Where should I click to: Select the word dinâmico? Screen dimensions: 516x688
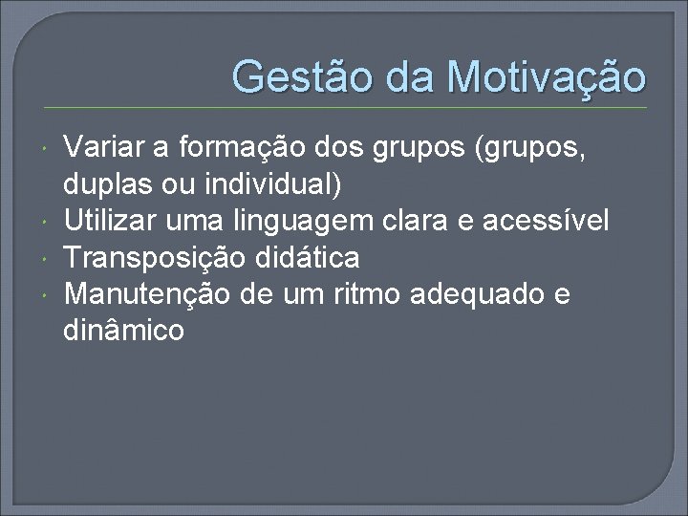click(x=123, y=332)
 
